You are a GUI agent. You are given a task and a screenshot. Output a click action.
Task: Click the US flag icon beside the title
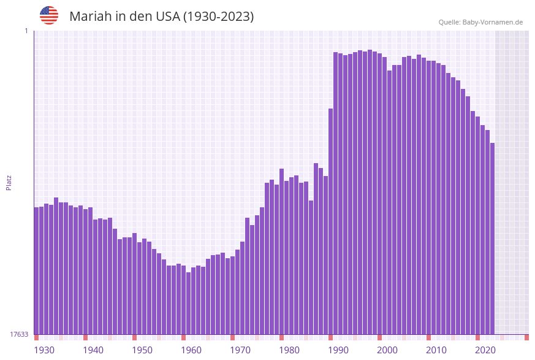49,15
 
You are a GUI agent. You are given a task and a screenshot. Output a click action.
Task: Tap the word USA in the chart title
168,17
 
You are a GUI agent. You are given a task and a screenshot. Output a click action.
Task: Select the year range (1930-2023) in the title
219,17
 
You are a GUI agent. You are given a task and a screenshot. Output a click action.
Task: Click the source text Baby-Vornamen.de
493,22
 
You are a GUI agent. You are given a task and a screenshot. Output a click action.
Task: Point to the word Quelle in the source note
449,22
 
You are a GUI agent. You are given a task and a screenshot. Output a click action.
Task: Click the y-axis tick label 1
26,31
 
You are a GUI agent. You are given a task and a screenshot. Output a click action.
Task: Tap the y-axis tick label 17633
19,334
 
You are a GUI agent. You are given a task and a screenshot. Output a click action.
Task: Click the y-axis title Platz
9,182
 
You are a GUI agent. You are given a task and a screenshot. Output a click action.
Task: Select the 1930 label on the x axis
44,350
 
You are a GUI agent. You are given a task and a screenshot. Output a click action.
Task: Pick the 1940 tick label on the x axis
93,350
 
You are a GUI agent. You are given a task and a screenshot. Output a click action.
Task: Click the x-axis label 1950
142,350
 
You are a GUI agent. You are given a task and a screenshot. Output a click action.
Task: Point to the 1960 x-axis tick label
191,350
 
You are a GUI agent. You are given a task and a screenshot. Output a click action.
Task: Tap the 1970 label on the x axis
240,350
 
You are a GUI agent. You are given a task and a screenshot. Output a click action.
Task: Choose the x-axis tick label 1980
289,350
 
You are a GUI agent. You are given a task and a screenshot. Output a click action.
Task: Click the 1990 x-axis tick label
338,350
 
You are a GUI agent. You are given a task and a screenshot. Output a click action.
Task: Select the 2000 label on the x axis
387,350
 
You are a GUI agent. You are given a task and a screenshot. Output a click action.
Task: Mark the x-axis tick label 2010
436,350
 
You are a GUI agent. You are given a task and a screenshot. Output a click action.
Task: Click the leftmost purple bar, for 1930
36,270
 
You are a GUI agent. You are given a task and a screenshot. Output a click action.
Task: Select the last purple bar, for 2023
492,239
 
